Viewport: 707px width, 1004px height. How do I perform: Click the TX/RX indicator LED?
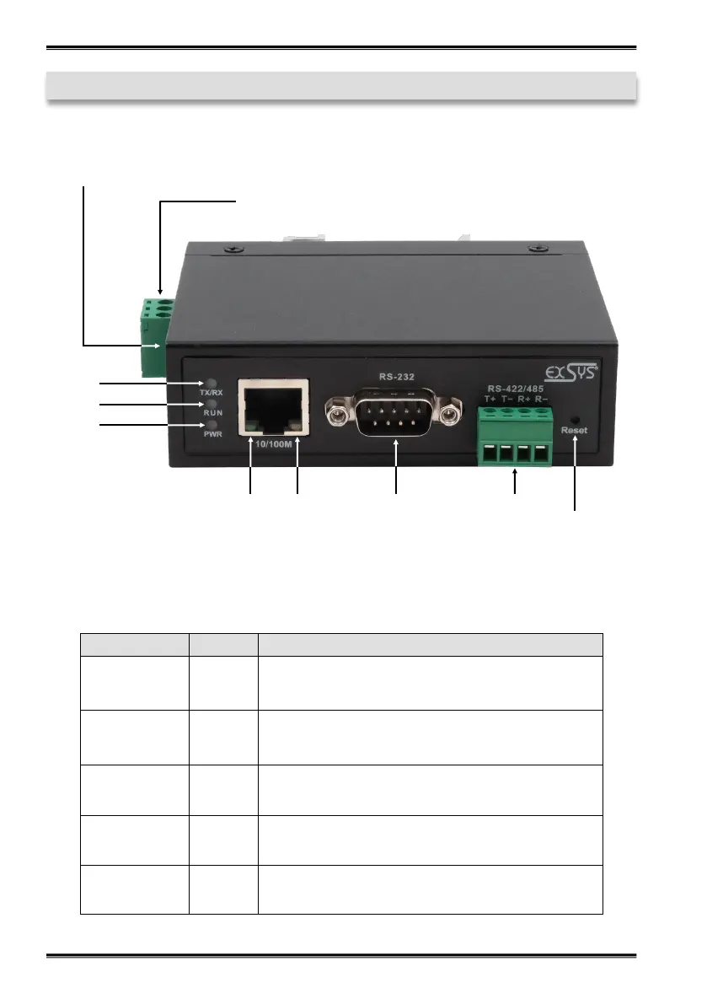point(211,384)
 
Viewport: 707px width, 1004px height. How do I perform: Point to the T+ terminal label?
point(491,399)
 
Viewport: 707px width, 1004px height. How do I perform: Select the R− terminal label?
point(542,399)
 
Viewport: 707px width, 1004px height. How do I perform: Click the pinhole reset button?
point(576,419)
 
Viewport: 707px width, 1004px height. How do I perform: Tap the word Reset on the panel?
point(576,430)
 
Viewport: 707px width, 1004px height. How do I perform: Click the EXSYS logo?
point(569,372)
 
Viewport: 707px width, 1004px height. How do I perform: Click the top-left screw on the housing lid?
point(230,250)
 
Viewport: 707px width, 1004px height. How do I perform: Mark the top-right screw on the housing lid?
point(533,249)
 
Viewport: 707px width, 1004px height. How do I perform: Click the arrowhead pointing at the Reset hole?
point(576,439)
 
